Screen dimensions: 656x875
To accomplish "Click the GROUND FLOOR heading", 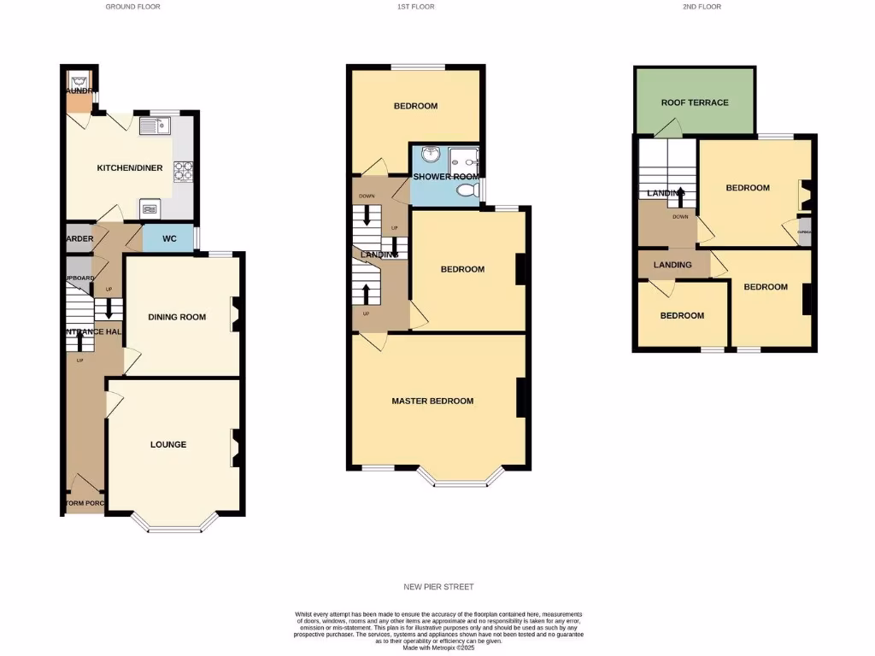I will [132, 7].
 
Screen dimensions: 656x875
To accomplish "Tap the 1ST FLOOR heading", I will [416, 7].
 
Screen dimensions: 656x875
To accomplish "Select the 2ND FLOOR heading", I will [702, 7].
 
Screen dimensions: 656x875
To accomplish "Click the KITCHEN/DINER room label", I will [129, 168].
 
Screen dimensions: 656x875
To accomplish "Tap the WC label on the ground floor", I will [169, 238].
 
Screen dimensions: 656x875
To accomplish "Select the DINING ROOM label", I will [178, 317].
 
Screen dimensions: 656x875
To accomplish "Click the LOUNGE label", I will [168, 444].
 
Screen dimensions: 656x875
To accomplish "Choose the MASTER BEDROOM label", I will [432, 401].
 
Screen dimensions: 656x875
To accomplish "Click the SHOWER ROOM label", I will [447, 177].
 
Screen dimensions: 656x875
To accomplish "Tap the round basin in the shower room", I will [429, 155].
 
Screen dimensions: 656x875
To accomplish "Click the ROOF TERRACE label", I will [695, 102].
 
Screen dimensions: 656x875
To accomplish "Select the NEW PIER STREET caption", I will [438, 587].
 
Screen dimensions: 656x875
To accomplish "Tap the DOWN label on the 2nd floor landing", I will [680, 217].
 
